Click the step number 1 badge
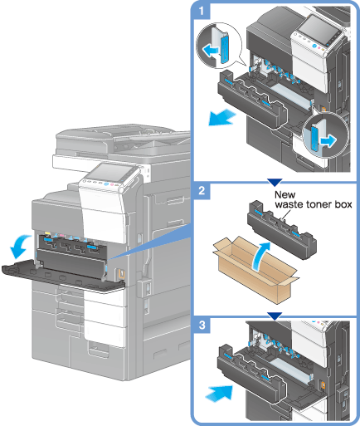(202, 12)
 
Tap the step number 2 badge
(202, 191)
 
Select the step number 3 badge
(202, 325)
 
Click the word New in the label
(285, 194)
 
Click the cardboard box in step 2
(255, 270)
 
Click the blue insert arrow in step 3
(219, 393)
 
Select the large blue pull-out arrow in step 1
(221, 117)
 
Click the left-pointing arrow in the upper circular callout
(210, 51)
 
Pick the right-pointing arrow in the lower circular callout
(328, 140)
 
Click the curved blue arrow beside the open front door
(19, 246)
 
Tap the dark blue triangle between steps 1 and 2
(275, 182)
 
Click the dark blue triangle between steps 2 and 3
(275, 316)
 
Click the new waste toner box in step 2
(281, 230)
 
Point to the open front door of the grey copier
(62, 276)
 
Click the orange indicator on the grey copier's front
(121, 274)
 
